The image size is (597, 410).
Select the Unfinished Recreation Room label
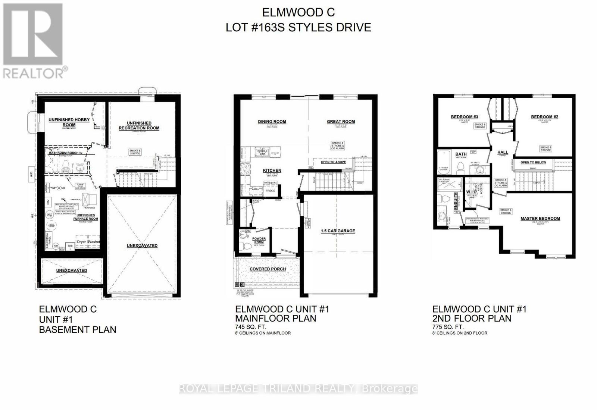[139, 125]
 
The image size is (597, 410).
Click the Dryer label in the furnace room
[81, 242]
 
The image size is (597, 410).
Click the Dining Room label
[272, 121]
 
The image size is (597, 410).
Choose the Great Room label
[341, 121]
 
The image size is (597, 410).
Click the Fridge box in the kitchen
[270, 191]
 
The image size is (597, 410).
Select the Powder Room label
[259, 240]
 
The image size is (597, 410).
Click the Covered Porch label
[268, 269]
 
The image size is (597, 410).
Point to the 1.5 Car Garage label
[338, 231]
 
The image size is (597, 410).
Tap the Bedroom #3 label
[465, 117]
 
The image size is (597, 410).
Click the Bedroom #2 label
[544, 117]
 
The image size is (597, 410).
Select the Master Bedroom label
[540, 218]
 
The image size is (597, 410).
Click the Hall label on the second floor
[503, 152]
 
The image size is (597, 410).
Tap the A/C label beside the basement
[32, 173]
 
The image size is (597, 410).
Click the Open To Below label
[533, 162]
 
